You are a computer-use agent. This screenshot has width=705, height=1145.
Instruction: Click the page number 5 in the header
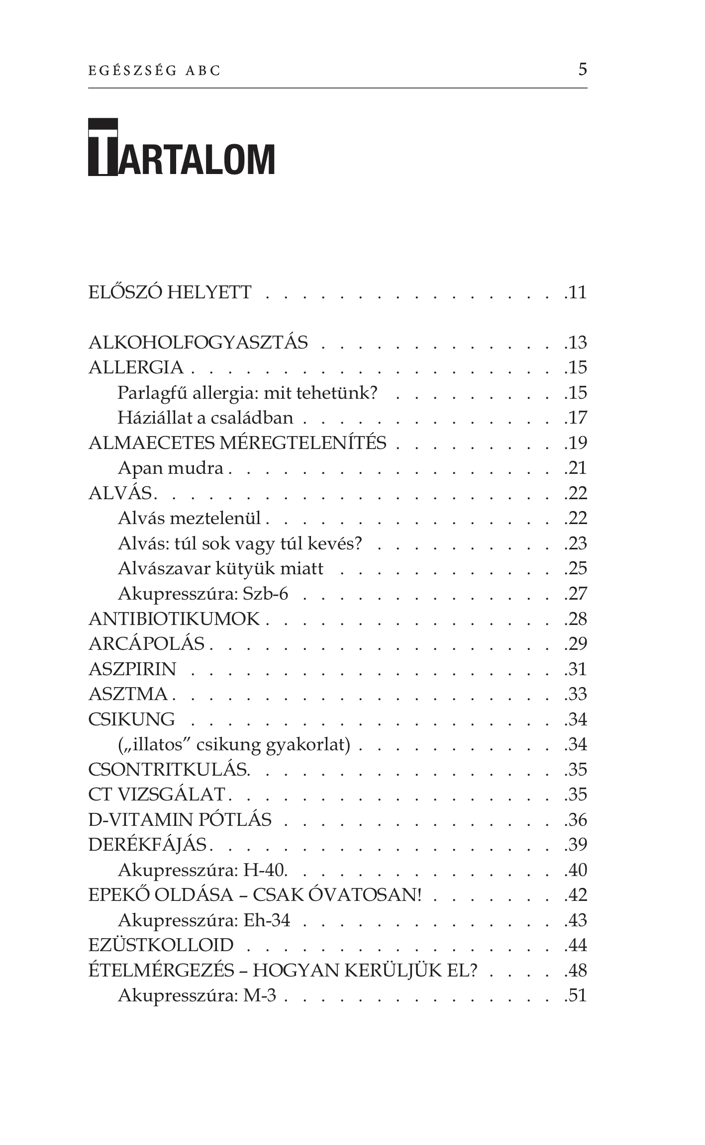pyautogui.click(x=582, y=69)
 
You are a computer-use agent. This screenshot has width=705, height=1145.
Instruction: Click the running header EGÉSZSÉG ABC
pyautogui.click(x=154, y=71)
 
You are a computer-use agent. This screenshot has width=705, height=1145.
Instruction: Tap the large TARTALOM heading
pyautogui.click(x=182, y=148)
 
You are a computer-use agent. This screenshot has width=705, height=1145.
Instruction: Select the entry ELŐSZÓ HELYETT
pyautogui.click(x=170, y=292)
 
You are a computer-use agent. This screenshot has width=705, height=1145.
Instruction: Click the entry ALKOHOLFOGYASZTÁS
pyautogui.click(x=198, y=343)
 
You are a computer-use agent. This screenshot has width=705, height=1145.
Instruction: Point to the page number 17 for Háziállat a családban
pyautogui.click(x=577, y=418)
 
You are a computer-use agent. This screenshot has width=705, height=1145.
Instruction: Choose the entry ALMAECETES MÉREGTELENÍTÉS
pyautogui.click(x=237, y=442)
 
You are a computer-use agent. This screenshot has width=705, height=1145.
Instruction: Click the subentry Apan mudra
pyautogui.click(x=170, y=468)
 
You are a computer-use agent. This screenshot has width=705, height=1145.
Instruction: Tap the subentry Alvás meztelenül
pyautogui.click(x=189, y=518)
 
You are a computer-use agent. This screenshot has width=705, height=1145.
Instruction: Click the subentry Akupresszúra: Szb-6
pyautogui.click(x=202, y=594)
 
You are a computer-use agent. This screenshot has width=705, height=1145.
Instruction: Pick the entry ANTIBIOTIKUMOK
pyautogui.click(x=174, y=619)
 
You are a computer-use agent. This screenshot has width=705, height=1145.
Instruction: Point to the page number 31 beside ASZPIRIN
pyautogui.click(x=577, y=669)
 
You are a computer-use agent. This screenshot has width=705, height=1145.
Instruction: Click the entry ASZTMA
pyautogui.click(x=128, y=694)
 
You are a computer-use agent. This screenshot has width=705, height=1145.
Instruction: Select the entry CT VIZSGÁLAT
pyautogui.click(x=156, y=795)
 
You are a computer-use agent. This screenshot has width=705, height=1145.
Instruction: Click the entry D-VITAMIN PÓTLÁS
pyautogui.click(x=180, y=820)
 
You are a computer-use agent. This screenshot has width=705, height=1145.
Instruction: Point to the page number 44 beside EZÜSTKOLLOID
pyautogui.click(x=577, y=946)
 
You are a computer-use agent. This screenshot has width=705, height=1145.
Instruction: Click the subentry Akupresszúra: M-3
pyautogui.click(x=197, y=996)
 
